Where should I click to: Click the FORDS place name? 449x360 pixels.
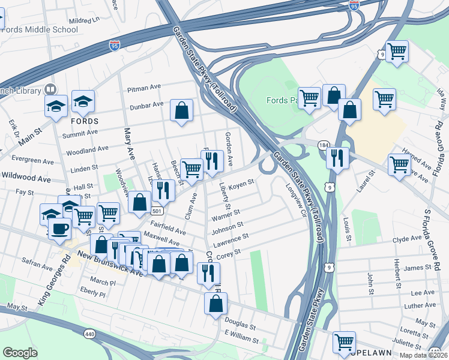click(84, 121)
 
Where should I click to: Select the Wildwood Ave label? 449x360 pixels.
click(26, 178)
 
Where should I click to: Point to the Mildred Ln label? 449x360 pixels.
click(84, 20)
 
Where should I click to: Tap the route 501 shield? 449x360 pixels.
click(157, 211)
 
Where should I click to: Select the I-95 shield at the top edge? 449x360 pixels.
click(354, 5)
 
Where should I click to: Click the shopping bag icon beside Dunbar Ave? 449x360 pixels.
click(181, 110)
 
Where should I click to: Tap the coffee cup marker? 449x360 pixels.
click(59, 229)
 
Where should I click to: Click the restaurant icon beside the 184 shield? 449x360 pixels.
click(337, 158)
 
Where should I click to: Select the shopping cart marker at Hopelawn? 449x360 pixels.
click(344, 342)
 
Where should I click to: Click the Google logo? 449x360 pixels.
click(20, 353)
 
